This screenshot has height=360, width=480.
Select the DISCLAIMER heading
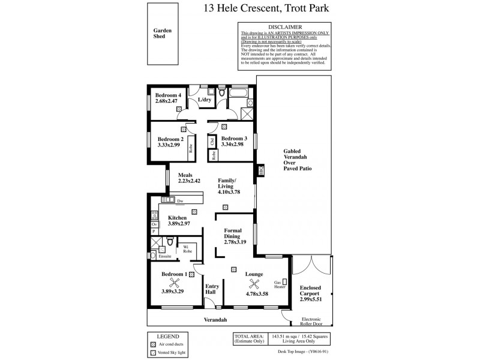284,26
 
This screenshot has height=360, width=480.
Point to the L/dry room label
204,100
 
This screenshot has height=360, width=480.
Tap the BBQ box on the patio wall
261,171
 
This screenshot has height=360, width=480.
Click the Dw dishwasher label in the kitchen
180,200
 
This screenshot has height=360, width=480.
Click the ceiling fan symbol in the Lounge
254,286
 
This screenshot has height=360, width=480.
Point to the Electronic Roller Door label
312,322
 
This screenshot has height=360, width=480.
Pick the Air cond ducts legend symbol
154,344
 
